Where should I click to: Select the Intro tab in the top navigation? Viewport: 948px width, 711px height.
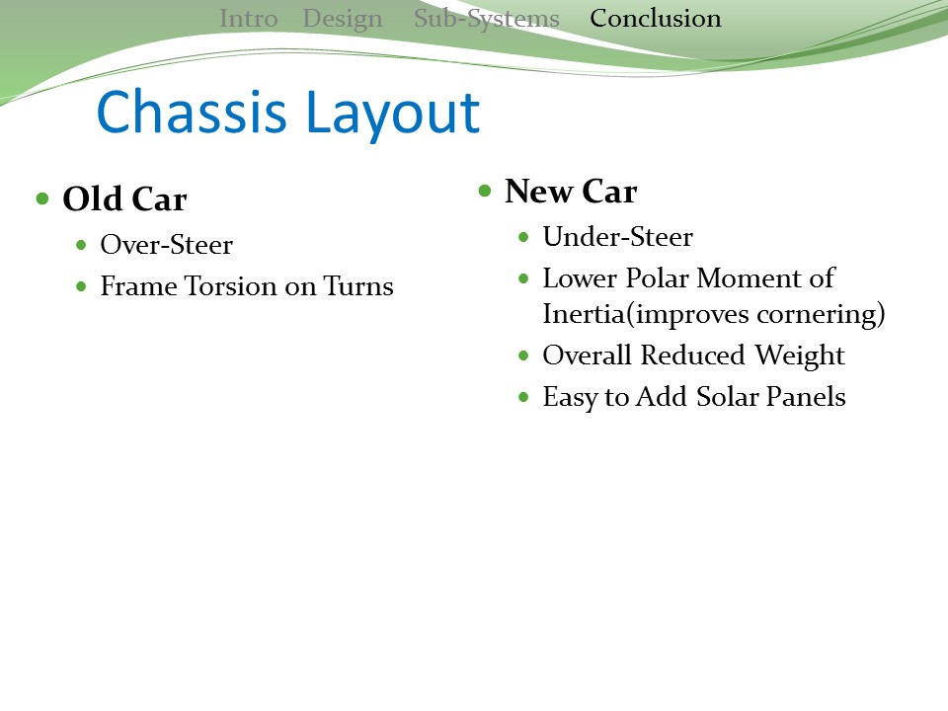(x=249, y=19)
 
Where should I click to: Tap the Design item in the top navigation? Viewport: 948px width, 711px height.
(x=343, y=20)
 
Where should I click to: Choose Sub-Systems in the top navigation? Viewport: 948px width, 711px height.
(x=487, y=20)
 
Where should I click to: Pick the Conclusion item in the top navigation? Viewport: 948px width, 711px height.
(x=656, y=19)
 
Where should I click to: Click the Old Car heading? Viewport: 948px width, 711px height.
(x=124, y=199)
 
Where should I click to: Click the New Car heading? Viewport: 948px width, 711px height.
(x=571, y=192)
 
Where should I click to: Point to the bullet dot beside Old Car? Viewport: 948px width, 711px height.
(x=42, y=198)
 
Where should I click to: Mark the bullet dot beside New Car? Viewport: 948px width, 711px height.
(x=485, y=191)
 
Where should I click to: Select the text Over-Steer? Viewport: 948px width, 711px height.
(x=166, y=245)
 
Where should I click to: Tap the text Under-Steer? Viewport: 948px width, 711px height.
(x=618, y=237)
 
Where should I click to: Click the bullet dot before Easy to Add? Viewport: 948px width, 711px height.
(x=524, y=397)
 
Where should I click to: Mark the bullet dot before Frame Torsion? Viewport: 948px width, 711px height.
(x=82, y=287)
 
